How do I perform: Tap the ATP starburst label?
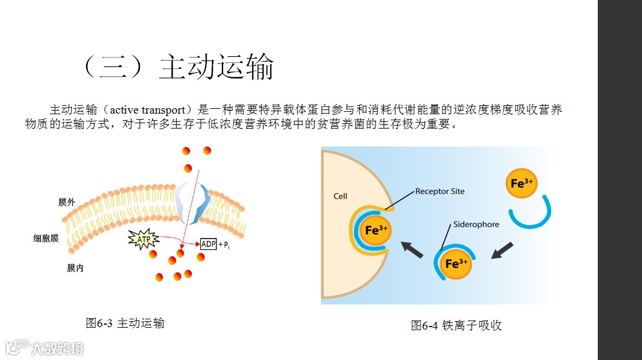coord(144,240)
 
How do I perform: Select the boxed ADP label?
coord(208,244)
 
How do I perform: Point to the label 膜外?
coord(66,202)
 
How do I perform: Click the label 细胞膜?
coord(46,238)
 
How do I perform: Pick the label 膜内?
coord(75,268)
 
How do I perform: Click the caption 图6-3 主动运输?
coord(125,324)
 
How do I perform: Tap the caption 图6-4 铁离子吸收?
coord(456,325)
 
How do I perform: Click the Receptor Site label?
coord(439,191)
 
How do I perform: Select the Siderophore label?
coord(476,224)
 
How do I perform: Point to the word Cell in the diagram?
coord(340,196)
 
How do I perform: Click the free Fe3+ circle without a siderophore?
coord(521,183)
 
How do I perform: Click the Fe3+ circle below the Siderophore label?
coord(455,263)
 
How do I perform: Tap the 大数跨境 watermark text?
coord(57,347)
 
